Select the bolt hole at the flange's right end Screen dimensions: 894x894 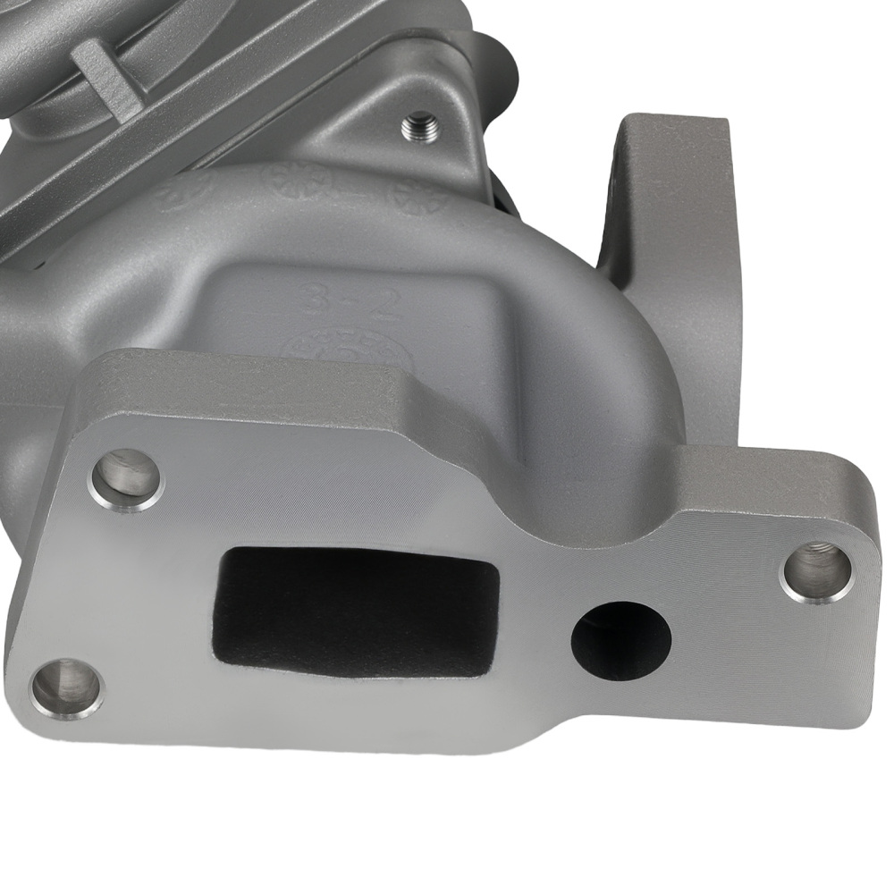[x=817, y=569]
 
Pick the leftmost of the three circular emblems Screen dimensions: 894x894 [x=183, y=190]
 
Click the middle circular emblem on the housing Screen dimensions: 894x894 [x=295, y=181]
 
